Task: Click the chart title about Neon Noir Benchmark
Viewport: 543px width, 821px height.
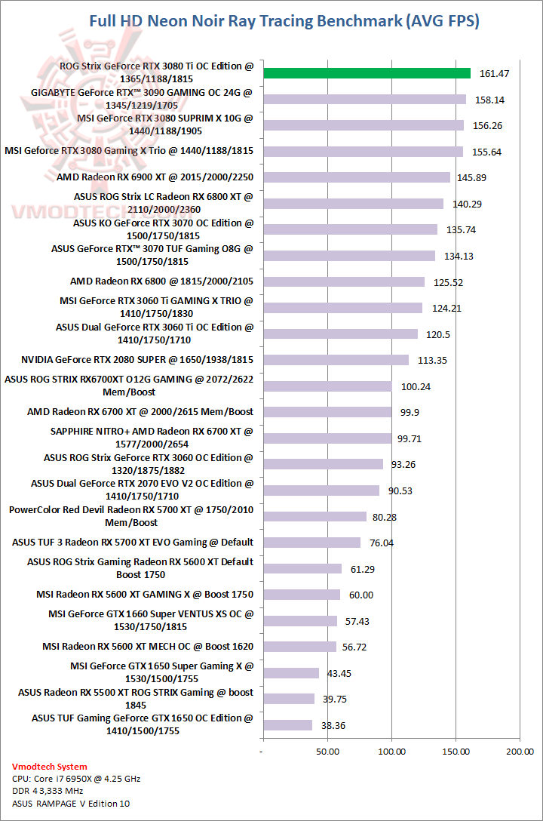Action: coord(284,21)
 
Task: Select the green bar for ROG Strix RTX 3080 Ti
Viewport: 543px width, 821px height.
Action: coord(366,73)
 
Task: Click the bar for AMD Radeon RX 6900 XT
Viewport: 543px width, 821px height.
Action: coord(356,177)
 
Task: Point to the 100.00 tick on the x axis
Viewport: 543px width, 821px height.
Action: coord(391,752)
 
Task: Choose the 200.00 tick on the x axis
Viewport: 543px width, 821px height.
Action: coord(519,752)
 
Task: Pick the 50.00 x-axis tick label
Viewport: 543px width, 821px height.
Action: coord(327,752)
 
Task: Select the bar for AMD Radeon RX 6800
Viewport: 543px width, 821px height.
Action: coord(343,281)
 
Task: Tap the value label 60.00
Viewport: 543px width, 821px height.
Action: coord(361,595)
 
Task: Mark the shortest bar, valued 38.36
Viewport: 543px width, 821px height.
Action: coord(287,725)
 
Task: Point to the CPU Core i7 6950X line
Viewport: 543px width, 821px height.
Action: coord(77,779)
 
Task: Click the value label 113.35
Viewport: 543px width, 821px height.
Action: coord(433,360)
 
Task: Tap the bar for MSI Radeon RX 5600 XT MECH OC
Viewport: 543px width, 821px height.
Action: coord(299,647)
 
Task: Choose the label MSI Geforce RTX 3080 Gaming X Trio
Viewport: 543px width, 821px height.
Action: coord(129,151)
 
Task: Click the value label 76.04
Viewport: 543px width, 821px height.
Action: coord(384,543)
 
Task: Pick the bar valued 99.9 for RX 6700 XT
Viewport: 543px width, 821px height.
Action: coord(327,412)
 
